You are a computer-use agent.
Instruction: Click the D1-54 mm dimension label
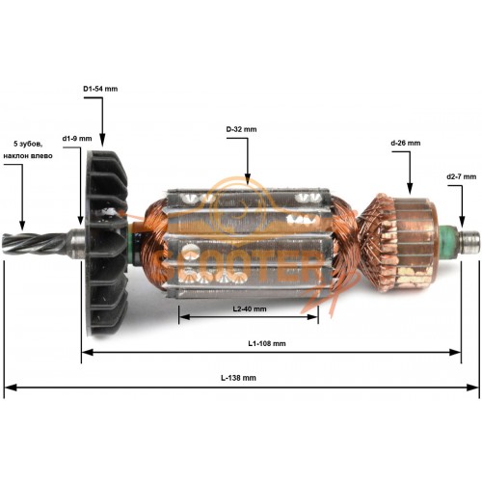(100, 89)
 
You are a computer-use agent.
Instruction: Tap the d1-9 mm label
(77, 139)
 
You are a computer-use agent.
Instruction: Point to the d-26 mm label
(406, 143)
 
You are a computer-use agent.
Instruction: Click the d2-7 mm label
(462, 176)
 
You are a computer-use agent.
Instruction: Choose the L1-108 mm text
(267, 343)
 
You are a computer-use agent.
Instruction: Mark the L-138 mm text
(238, 378)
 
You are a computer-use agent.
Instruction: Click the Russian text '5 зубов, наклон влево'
(28, 149)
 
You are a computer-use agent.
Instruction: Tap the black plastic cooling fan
(106, 244)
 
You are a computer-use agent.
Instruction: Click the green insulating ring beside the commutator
(449, 243)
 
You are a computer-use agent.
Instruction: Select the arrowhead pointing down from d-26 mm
(410, 189)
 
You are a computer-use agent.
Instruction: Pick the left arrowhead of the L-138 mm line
(11, 388)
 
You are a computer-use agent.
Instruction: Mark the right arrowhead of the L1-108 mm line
(455, 353)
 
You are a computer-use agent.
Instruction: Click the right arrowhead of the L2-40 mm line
(312, 317)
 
